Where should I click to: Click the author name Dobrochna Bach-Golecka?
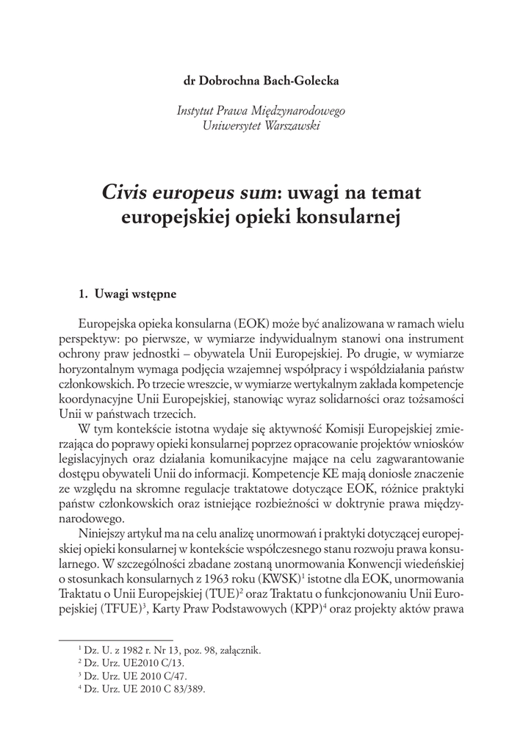click(x=271, y=81)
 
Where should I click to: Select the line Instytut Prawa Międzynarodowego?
click(x=261, y=111)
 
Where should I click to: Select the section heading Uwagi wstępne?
click(x=134, y=294)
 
